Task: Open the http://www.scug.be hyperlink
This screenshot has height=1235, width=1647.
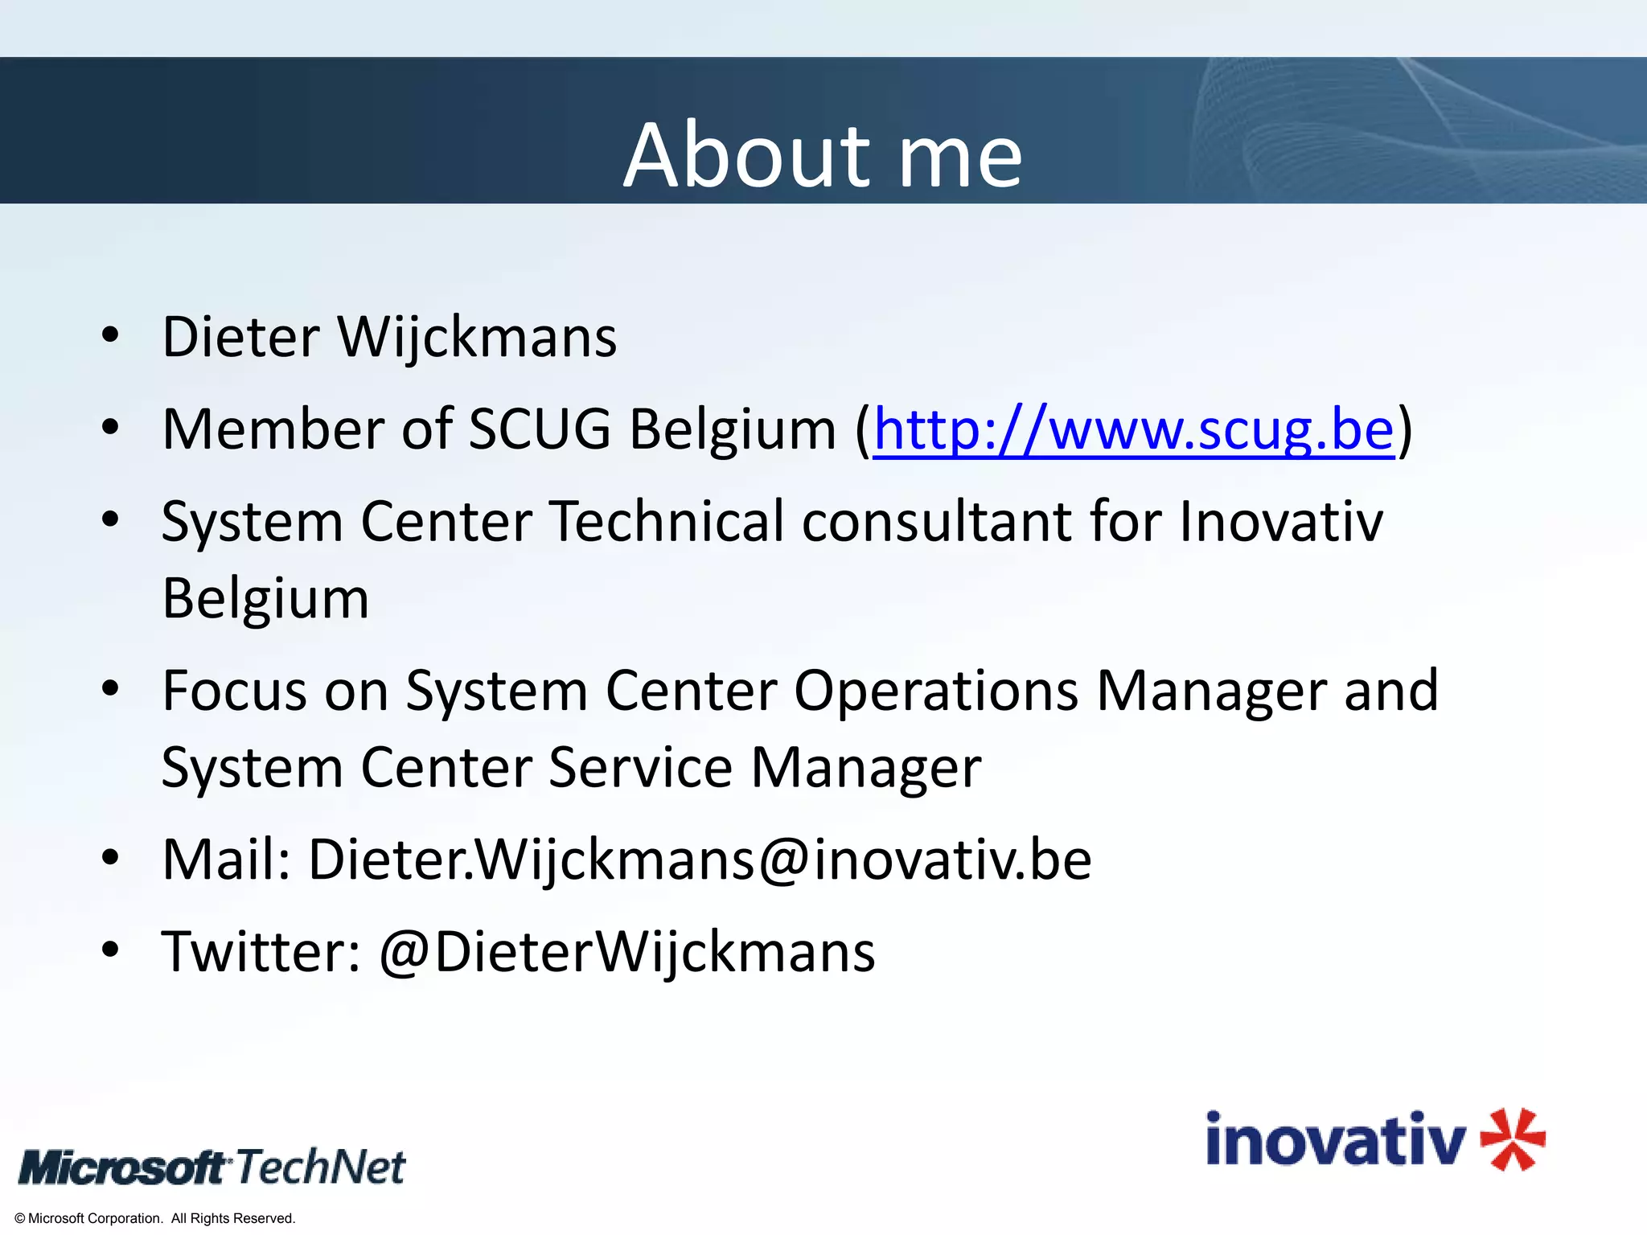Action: pos(1133,429)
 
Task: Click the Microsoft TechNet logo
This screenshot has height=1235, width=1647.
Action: pos(212,1167)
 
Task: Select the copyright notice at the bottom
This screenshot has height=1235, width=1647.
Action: pos(155,1218)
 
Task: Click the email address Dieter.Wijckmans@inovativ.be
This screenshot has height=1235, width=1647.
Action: pos(700,860)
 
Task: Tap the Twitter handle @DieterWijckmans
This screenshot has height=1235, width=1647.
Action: pos(626,952)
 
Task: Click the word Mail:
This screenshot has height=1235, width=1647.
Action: pos(226,860)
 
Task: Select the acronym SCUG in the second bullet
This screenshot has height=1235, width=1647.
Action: pos(539,429)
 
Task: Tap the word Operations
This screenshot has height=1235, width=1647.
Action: pos(936,691)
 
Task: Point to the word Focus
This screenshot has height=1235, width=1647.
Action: pos(234,691)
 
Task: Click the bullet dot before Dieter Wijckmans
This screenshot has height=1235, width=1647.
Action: pos(110,336)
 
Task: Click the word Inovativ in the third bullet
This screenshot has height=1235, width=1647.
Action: pos(1281,521)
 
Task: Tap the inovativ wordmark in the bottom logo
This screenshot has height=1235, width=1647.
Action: pos(1335,1140)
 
